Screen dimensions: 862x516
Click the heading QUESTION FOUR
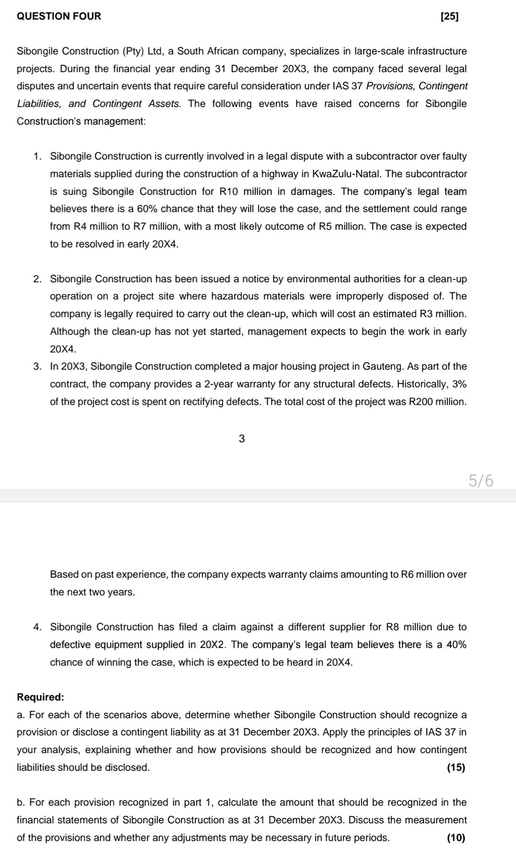[59, 16]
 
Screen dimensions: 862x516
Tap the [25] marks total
[449, 16]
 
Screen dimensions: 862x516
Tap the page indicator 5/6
[481, 480]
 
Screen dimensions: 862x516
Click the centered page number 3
[241, 438]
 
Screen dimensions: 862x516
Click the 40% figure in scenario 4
[456, 645]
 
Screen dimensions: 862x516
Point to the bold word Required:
[40, 697]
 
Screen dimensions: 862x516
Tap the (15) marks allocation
[456, 767]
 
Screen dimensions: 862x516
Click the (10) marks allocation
[456, 838]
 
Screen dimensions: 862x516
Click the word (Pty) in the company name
[137, 51]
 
